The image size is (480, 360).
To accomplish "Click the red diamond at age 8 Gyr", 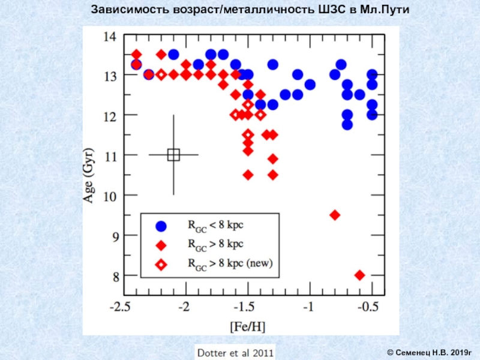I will (359, 275).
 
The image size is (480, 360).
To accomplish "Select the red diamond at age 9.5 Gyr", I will (335, 215).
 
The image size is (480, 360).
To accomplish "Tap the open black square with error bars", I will (173, 155).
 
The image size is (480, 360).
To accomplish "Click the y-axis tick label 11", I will (110, 155).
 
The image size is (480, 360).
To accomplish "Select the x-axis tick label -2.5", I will (122, 307).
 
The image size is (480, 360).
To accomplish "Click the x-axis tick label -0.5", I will (368, 307).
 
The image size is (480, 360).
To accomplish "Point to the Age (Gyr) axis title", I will (88, 174).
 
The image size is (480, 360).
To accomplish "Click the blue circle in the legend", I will (161, 226).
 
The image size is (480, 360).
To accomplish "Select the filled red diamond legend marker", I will (161, 245).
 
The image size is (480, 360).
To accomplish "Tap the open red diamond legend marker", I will (161, 263).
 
